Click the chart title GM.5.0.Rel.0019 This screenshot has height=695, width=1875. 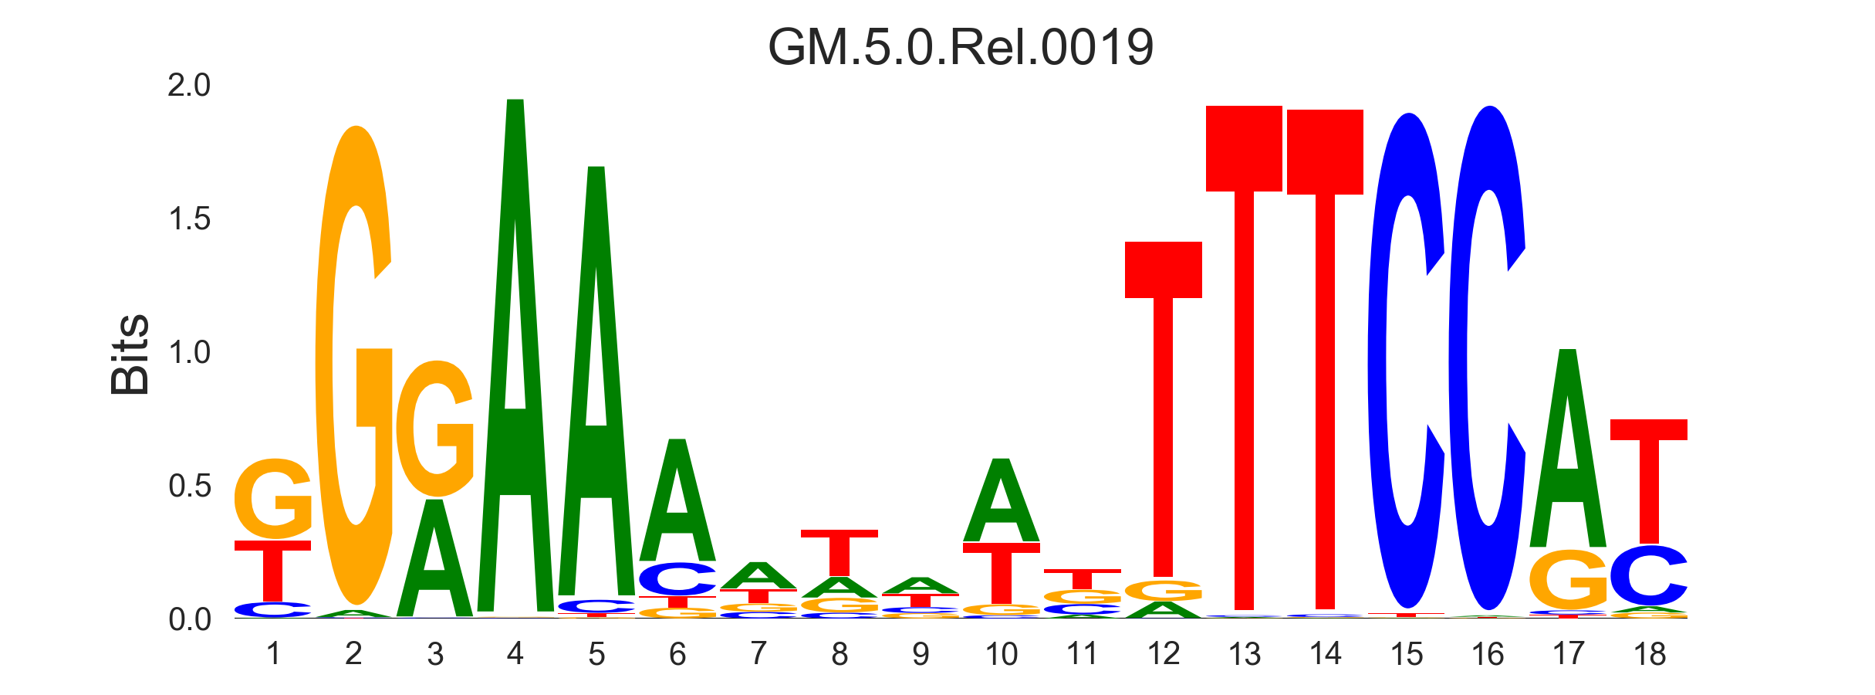click(x=961, y=48)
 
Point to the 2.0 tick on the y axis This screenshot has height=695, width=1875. click(x=189, y=86)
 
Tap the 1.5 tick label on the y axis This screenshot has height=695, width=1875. click(x=189, y=219)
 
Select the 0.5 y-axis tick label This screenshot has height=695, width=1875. click(x=189, y=486)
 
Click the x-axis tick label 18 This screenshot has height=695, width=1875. click(x=1649, y=655)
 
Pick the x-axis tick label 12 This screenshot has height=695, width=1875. click(x=1163, y=655)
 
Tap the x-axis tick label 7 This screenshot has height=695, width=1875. click(x=758, y=655)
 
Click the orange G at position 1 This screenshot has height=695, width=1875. click(x=273, y=500)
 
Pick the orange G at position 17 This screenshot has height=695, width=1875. click(x=1568, y=579)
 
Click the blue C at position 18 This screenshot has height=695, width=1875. click(x=1649, y=576)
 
